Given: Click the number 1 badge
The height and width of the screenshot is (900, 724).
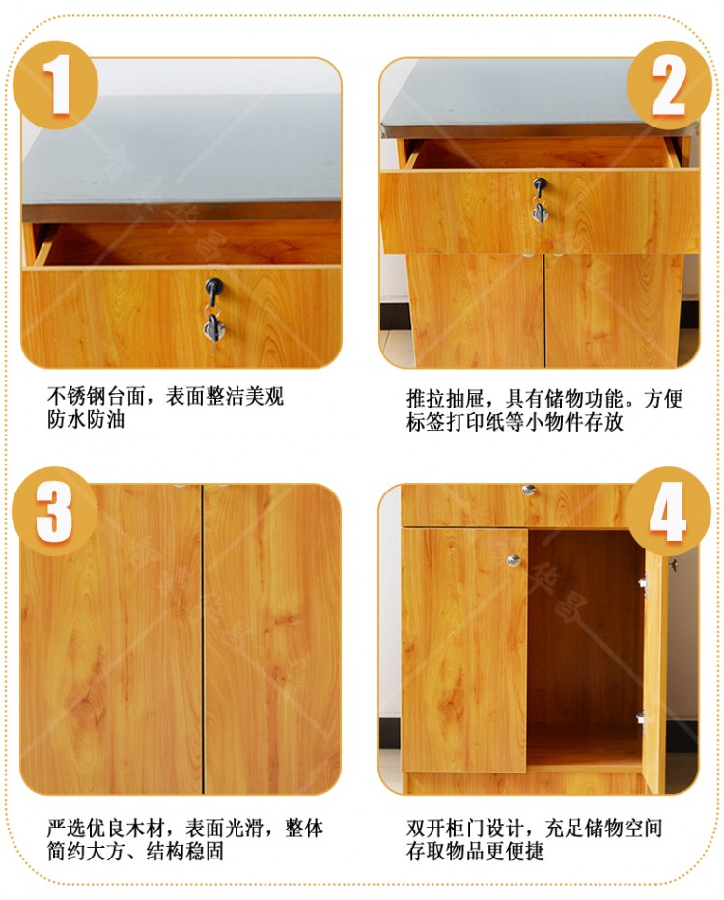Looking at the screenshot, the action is point(56,85).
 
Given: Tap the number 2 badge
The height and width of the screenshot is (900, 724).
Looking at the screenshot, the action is point(669,85).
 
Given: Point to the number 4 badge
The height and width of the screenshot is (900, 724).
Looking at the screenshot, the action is point(668,512).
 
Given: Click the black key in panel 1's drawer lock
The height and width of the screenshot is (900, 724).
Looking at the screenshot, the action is point(214,290).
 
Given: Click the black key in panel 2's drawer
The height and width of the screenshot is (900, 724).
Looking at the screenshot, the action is point(540,186).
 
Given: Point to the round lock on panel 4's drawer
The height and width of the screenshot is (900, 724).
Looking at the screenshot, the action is point(528,490).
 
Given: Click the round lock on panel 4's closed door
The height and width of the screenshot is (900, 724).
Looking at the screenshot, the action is point(514,560).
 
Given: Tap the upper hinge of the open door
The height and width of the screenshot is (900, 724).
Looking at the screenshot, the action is point(643,583).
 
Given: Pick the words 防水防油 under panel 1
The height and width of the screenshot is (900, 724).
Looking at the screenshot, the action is point(86,419).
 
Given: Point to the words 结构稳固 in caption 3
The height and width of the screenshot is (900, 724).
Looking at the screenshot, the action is point(184,851).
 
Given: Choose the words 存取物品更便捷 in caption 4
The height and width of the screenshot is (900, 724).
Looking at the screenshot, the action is point(475,851).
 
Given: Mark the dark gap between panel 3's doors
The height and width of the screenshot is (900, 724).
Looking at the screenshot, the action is point(203,639).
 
